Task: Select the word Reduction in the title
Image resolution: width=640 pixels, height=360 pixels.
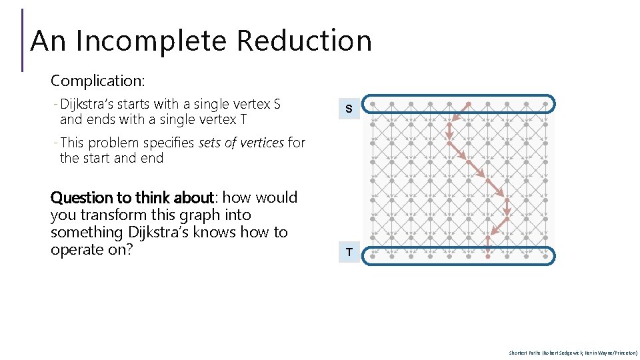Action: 303,41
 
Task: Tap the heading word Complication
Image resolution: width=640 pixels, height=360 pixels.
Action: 97,81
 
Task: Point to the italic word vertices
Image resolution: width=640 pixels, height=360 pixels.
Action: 257,143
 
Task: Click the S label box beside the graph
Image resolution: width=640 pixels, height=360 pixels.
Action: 349,109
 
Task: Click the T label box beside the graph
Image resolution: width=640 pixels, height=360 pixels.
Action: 349,252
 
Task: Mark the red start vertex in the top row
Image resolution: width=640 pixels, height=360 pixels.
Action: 469,105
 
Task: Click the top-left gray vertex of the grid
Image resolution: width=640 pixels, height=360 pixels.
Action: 373,105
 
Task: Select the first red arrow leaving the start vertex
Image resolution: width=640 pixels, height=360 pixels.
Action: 459,114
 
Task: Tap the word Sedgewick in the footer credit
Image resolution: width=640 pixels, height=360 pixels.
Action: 556,353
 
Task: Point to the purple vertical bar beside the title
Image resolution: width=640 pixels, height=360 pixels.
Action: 23,40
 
